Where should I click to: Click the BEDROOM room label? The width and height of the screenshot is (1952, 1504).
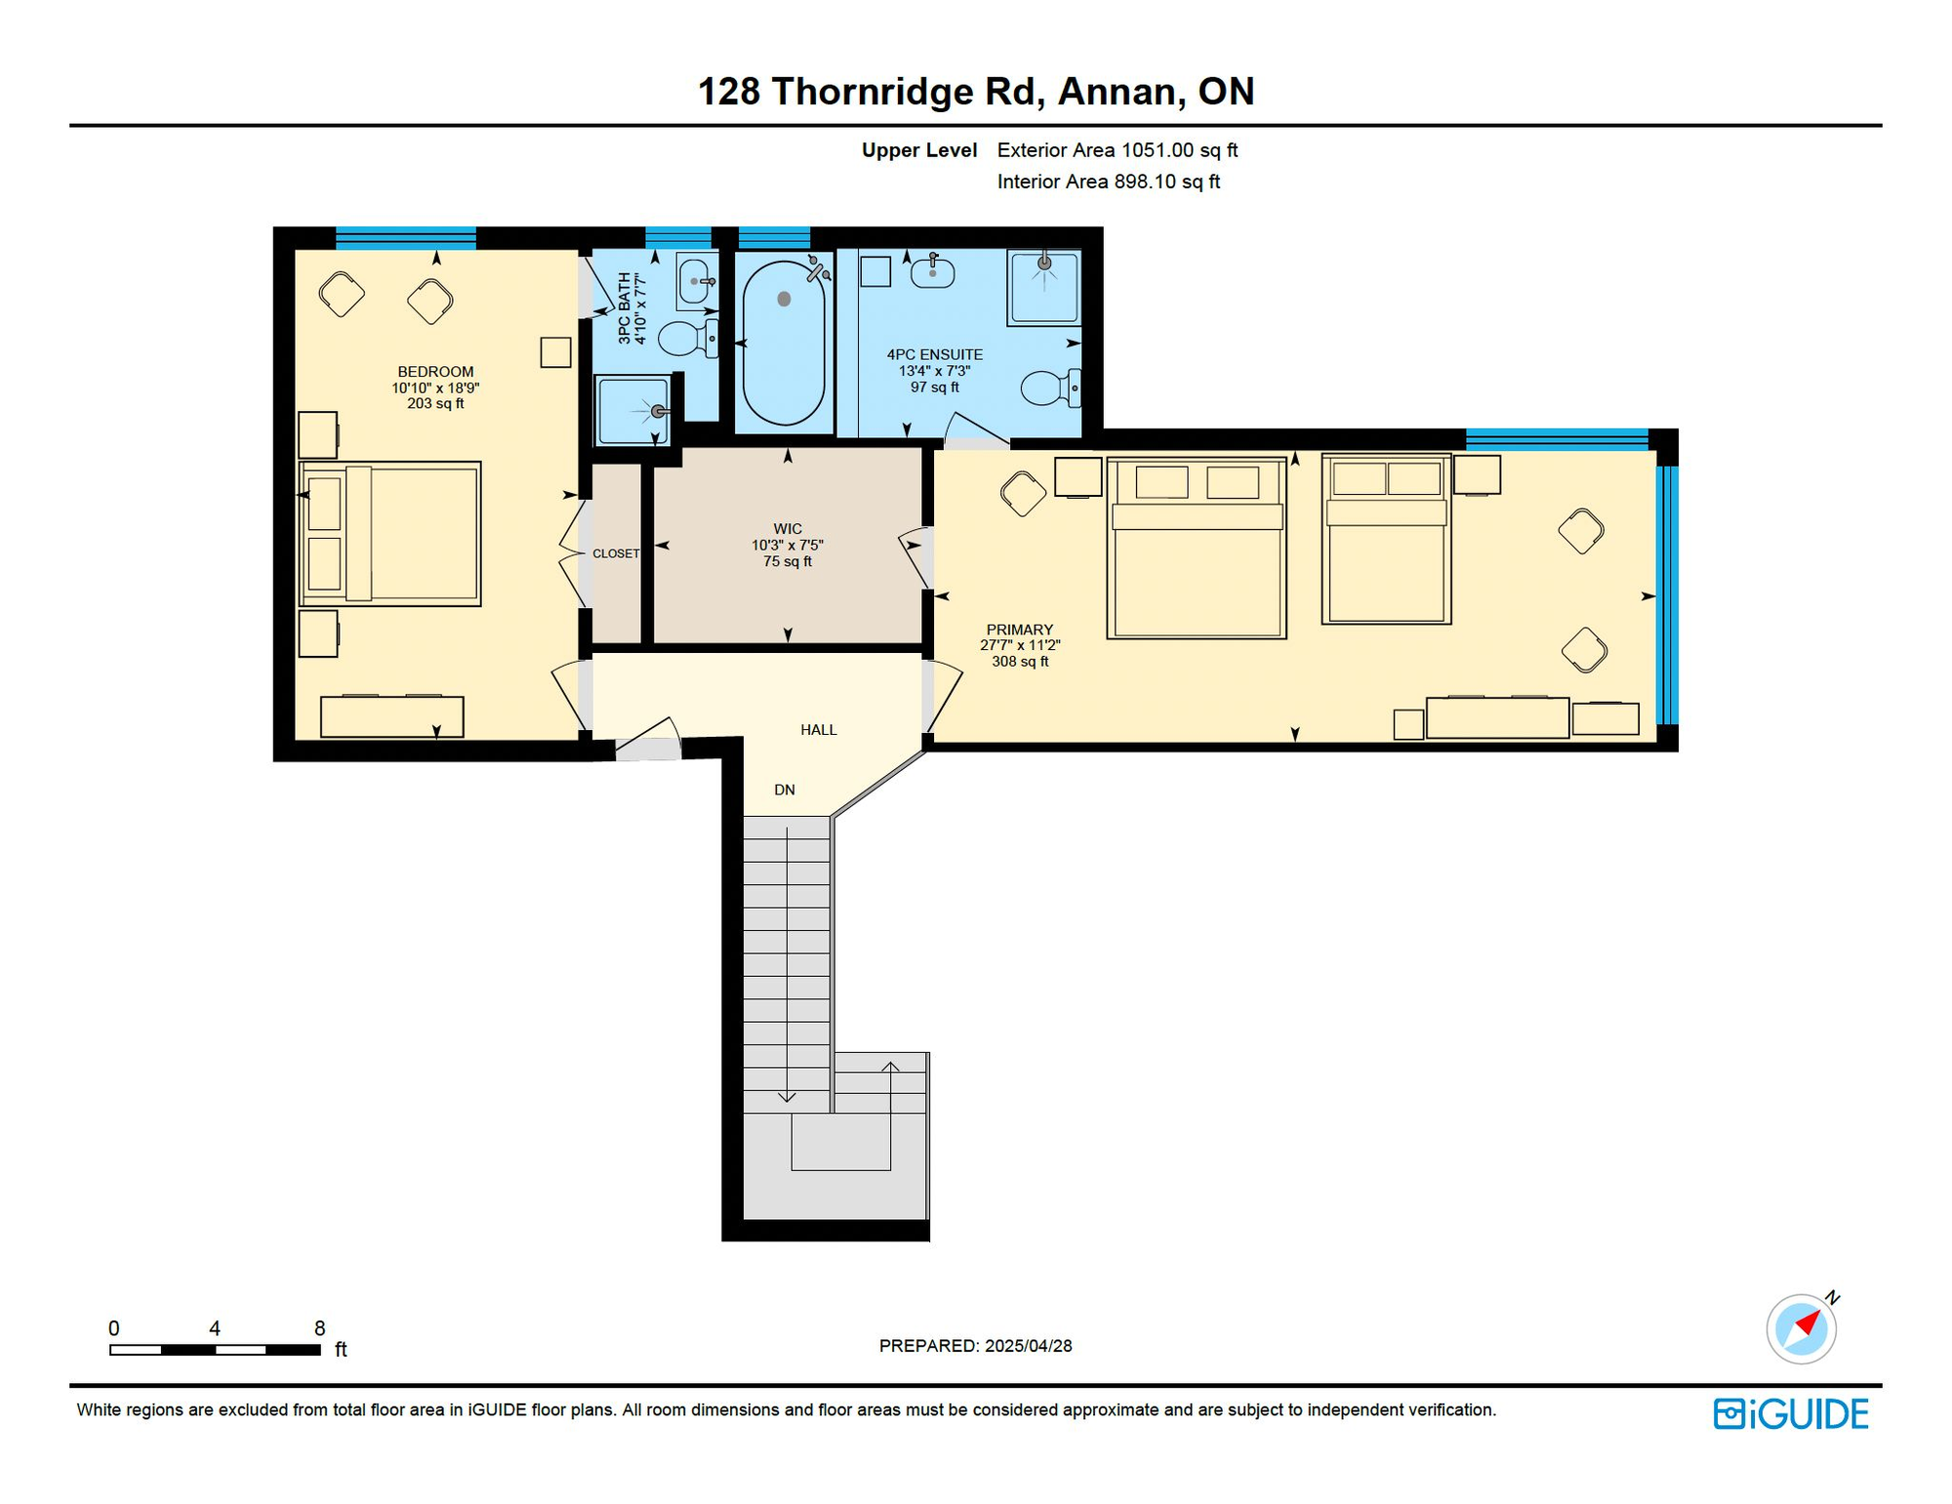435,372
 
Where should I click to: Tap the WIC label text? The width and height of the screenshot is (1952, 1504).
788,529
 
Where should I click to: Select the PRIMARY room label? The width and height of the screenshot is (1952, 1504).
1020,630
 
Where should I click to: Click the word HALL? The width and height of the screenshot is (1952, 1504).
819,730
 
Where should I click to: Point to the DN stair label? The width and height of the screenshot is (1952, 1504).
785,790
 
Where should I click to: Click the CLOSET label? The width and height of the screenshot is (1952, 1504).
616,553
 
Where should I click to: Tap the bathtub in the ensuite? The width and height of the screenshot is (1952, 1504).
784,343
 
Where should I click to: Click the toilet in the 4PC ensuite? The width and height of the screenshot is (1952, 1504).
1050,387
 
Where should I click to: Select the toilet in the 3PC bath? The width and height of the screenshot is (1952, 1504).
688,339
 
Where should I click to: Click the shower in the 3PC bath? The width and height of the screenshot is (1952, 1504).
633,410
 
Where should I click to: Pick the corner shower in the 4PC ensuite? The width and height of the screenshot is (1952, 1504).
1044,287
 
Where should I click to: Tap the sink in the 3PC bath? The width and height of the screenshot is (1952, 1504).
697,282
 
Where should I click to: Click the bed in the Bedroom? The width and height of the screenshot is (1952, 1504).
390,534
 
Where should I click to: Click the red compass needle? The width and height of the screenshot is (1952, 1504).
1809,1322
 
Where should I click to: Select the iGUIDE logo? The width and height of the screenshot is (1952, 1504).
1791,1414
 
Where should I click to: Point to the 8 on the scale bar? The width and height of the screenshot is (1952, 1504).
319,1328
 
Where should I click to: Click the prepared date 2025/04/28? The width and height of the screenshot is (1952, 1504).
1029,1346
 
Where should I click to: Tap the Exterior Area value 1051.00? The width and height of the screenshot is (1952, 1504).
1158,150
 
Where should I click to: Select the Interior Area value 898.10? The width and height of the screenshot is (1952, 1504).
1145,182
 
